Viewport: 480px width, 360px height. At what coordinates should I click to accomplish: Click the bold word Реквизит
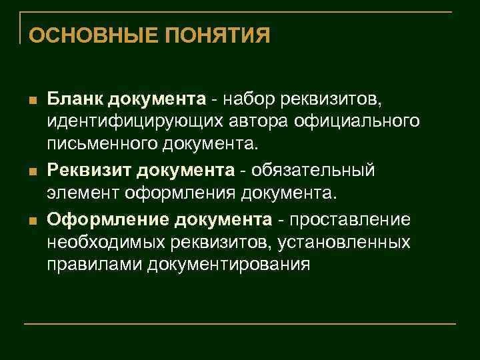tap(89, 171)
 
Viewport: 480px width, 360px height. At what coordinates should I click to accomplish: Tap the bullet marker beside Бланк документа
tap(31, 101)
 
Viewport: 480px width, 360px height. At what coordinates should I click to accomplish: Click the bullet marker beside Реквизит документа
tap(31, 172)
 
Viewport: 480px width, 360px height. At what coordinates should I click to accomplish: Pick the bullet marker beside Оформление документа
tap(31, 220)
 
